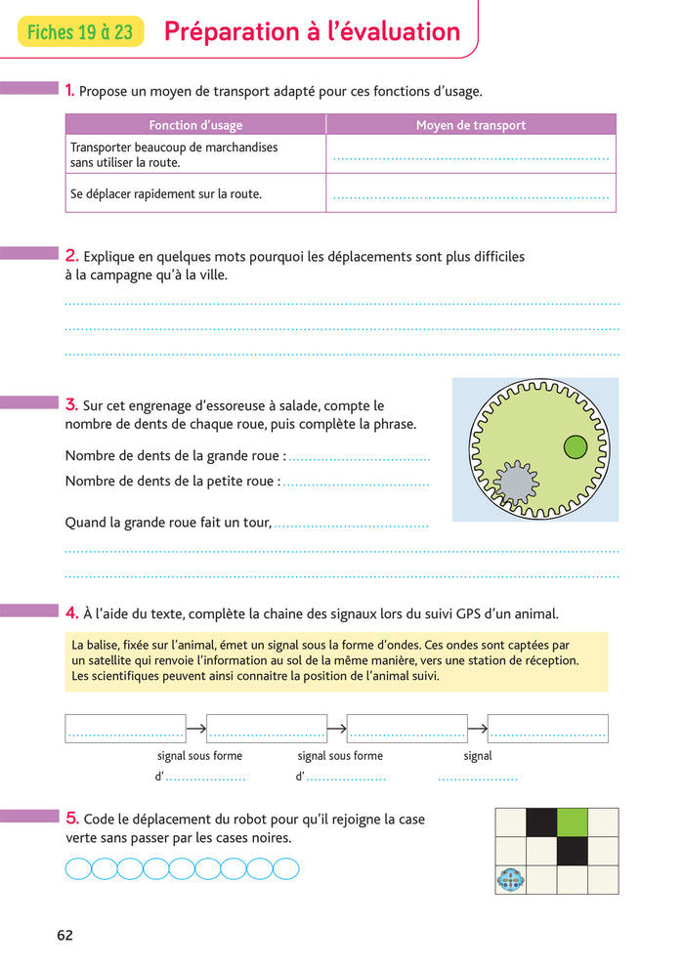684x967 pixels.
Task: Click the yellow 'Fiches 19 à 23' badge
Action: pos(80,32)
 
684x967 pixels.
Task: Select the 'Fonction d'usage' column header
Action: pos(195,125)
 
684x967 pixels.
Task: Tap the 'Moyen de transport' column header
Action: pos(471,125)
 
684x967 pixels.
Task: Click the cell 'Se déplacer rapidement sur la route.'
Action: pos(166,194)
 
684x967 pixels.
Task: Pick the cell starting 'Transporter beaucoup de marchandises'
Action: pos(174,154)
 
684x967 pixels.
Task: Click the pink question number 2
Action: pos(71,256)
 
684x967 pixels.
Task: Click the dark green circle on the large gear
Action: pos(576,447)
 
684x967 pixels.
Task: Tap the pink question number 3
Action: pos(71,404)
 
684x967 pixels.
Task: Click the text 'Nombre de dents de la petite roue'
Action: pos(171,481)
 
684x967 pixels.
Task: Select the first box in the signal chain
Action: pos(125,728)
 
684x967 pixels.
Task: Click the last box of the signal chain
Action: pos(547,728)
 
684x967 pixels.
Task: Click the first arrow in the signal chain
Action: pos(195,728)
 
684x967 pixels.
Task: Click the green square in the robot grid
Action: pos(572,822)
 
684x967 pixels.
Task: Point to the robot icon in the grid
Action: pos(510,880)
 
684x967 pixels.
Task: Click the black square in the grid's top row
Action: pos(540,822)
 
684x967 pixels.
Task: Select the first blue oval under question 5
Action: pos(78,868)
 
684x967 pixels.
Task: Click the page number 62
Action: pos(64,935)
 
